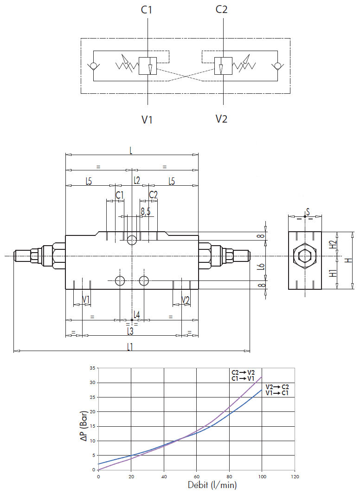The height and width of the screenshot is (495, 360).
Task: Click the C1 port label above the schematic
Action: [147, 10]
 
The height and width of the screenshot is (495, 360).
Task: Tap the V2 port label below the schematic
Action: [221, 119]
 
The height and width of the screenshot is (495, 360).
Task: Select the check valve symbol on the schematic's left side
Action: [94, 66]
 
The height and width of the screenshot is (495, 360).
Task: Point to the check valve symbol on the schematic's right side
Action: [277, 66]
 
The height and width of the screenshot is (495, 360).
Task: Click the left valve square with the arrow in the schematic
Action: [148, 65]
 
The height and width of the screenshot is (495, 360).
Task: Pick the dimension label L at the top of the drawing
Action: [131, 150]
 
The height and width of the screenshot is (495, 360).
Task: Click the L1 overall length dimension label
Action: [130, 347]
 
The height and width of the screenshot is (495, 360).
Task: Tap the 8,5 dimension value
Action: [146, 211]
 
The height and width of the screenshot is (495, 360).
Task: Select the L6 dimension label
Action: [261, 266]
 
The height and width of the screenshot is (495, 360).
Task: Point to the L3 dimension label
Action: [130, 331]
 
